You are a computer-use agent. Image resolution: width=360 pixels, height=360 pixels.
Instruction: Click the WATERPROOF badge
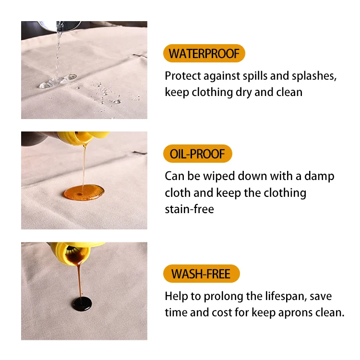(x=204, y=53)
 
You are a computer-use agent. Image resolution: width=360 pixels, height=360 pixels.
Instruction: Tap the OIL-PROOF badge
(x=197, y=154)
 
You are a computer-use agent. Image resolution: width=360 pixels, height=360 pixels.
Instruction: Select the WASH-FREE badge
(x=201, y=274)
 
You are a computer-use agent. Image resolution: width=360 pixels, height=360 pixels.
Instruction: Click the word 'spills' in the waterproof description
(x=255, y=76)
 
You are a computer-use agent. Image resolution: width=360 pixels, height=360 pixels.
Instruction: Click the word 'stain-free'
(x=190, y=209)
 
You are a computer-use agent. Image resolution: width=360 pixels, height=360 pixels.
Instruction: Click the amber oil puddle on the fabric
(x=84, y=192)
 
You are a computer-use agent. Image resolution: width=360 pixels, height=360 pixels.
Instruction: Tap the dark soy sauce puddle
(x=82, y=304)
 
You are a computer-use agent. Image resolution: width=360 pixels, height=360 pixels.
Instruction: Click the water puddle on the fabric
(x=58, y=81)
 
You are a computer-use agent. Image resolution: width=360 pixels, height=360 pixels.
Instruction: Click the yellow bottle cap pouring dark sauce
(x=76, y=252)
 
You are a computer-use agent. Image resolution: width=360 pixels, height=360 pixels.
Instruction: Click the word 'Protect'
(x=183, y=76)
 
